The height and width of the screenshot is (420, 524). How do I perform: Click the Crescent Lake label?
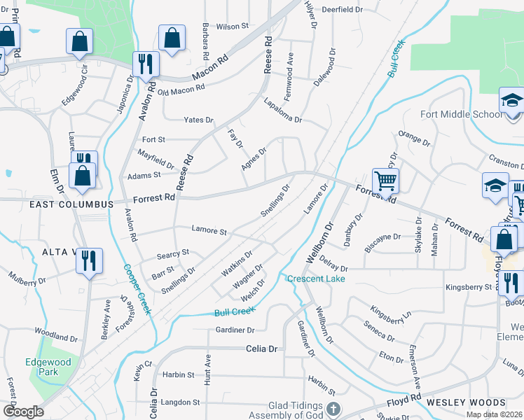315,279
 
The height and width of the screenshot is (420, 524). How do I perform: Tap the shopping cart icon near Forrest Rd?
385,181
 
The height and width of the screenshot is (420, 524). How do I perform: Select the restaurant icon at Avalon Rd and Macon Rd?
146,64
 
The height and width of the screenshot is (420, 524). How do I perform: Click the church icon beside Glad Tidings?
333,408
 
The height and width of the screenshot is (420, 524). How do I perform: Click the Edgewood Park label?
48,367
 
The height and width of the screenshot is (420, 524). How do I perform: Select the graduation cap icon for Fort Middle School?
512,101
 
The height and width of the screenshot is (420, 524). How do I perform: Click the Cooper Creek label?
137,289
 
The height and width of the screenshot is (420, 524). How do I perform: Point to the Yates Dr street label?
198,120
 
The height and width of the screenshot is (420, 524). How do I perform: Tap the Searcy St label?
173,252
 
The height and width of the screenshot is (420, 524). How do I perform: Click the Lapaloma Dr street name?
282,111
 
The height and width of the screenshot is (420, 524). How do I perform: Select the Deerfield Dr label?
342,10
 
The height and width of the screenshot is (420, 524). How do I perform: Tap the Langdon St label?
181,402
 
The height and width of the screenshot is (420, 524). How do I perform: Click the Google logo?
23,412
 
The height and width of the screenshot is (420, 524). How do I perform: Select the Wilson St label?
233,26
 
